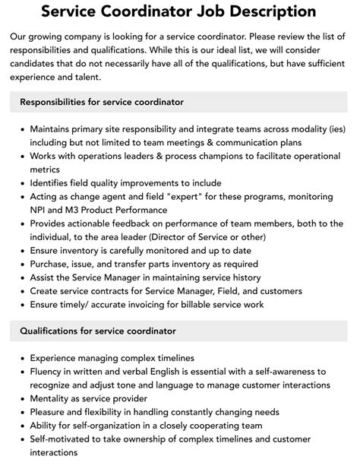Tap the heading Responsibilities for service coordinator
pos(102,101)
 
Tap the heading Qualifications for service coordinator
pos(98,331)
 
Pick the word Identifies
pos(55,182)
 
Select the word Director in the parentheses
pos(199,237)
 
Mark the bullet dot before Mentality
pos(22,399)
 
